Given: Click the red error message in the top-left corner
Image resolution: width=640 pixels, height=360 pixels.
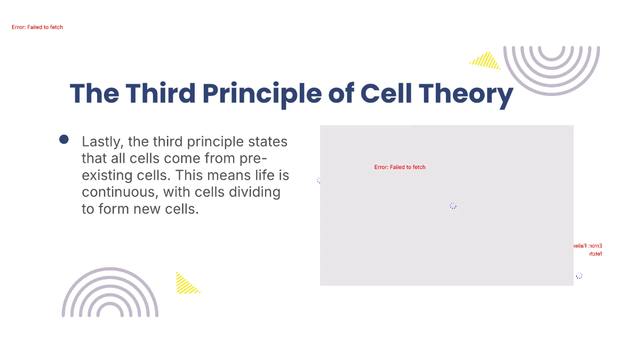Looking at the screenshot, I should click(x=37, y=27).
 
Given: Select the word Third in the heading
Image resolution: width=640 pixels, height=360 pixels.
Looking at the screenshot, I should click(x=161, y=93).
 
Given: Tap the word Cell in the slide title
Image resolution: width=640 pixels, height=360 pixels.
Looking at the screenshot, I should click(x=386, y=93).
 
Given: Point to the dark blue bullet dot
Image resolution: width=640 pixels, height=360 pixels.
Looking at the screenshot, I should click(x=64, y=139).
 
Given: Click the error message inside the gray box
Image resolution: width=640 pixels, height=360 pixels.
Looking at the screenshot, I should click(x=400, y=167).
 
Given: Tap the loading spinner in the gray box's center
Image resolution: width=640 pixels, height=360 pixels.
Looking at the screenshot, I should click(x=453, y=206).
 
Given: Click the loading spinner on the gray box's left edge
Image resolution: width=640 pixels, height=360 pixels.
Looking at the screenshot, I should click(x=319, y=180).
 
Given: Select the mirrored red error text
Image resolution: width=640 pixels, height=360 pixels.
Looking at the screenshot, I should click(x=587, y=250).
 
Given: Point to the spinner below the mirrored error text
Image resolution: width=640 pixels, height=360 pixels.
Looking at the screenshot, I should click(x=579, y=276).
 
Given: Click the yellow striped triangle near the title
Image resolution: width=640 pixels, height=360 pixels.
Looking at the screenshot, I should click(x=486, y=61).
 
